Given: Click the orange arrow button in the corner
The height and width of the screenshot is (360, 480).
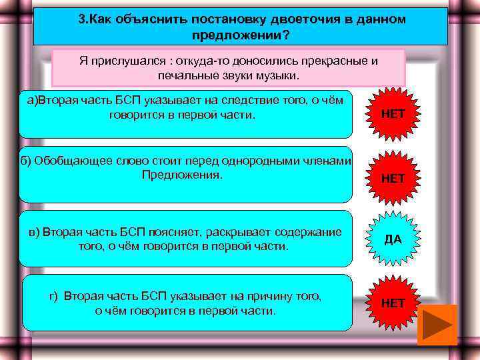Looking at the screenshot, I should click(437, 325).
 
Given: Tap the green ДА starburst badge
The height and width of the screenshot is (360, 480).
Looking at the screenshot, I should click(393, 239).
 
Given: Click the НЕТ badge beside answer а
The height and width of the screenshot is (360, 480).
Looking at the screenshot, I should click(393, 114).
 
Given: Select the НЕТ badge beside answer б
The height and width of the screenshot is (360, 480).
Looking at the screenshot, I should click(393, 178).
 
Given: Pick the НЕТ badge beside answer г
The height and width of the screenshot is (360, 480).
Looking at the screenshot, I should click(393, 303).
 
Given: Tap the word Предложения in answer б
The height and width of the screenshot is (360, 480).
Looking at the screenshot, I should click(182, 175).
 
